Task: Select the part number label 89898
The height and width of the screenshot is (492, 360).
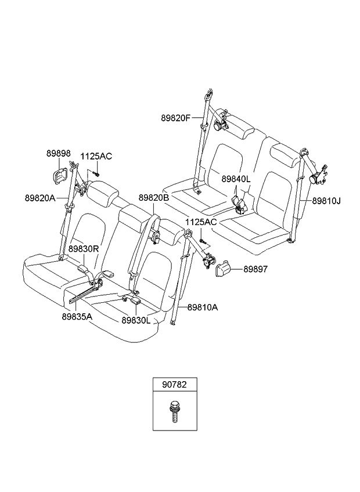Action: (x=58, y=153)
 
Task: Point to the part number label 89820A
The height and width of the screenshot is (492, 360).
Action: (x=40, y=197)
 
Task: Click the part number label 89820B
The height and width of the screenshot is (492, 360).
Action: (x=154, y=198)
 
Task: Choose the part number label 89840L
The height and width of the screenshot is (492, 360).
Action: (x=236, y=180)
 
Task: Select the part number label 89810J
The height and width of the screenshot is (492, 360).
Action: (x=326, y=201)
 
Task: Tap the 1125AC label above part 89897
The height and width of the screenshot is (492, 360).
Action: (x=201, y=222)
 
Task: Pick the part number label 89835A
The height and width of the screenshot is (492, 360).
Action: (x=77, y=317)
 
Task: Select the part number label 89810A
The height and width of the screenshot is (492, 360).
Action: (x=202, y=307)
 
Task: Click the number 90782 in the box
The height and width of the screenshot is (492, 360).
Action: (x=174, y=384)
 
